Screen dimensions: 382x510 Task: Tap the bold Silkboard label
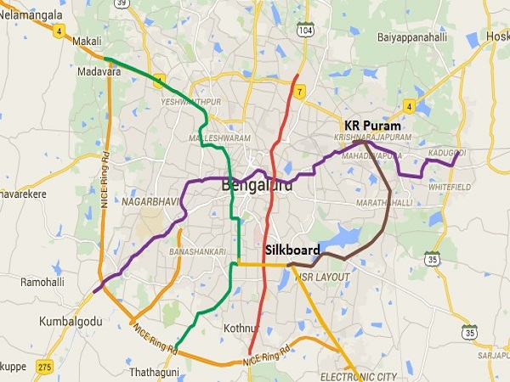(292, 250)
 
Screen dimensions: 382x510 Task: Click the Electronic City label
(359, 375)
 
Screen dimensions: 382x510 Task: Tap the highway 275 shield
(45, 365)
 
